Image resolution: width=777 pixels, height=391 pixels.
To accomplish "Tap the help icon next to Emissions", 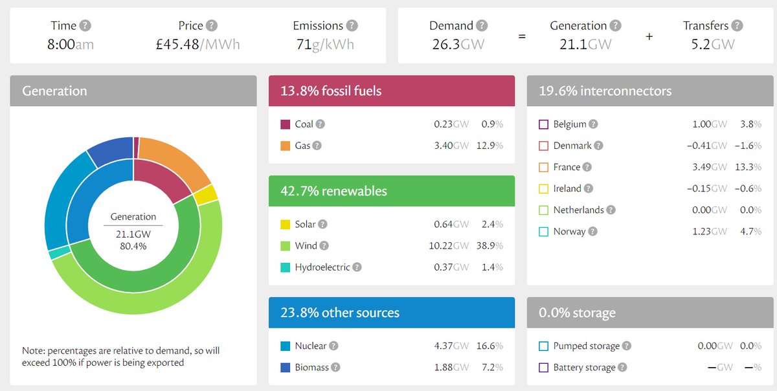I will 352,26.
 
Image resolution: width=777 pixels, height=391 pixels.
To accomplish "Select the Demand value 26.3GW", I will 458,45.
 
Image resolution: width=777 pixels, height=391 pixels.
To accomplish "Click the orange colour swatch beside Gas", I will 286,146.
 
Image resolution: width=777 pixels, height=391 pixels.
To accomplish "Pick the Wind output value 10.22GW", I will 451,245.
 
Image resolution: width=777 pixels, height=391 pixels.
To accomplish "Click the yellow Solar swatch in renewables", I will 286,224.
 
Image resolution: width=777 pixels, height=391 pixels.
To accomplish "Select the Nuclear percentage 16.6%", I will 491,346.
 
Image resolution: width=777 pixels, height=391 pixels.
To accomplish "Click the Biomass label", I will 311,367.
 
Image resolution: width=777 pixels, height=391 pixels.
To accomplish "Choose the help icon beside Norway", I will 592,231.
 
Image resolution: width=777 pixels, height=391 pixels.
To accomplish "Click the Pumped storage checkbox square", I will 543,346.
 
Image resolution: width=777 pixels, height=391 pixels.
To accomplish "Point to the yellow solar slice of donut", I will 207,194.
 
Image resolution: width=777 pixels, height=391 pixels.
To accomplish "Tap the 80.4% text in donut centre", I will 133,246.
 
